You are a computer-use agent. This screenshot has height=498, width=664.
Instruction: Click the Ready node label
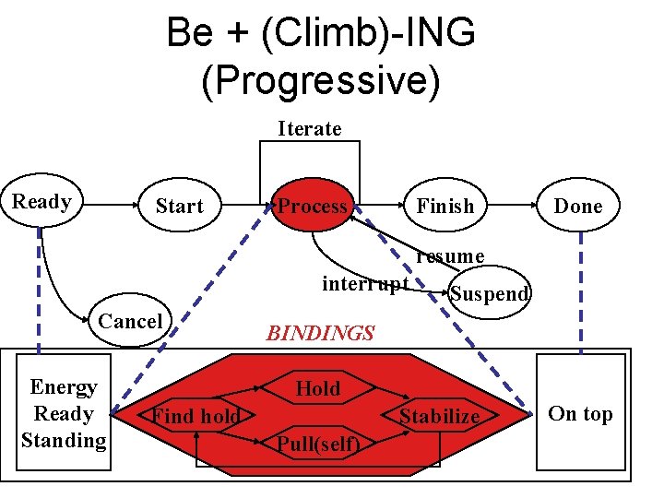pos(41,201)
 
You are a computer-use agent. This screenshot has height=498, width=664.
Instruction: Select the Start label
pos(179,207)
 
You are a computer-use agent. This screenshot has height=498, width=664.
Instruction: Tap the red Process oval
pos(313,207)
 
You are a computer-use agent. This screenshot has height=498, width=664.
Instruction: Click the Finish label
pos(445,207)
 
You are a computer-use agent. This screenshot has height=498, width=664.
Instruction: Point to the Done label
pos(577,207)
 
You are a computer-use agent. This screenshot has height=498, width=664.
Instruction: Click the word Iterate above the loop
pos(310,128)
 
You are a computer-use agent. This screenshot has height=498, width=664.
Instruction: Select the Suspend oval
pos(489,293)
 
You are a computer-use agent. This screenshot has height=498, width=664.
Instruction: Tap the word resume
pos(450,255)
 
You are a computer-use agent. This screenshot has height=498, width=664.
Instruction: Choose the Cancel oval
pos(130,321)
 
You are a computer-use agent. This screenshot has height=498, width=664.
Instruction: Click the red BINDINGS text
pos(320,333)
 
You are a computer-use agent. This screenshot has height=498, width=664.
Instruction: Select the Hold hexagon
pos(318,389)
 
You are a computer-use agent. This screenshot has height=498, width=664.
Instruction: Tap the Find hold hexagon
pos(196,416)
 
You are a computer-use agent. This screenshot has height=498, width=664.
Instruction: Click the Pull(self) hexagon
pos(318,444)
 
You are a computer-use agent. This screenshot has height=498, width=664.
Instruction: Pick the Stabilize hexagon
pos(439,416)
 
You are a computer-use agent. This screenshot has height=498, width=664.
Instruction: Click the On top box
pos(580,413)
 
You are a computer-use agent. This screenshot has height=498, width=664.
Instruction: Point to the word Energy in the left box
pos(64,386)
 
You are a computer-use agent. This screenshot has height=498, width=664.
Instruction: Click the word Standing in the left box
pos(64,440)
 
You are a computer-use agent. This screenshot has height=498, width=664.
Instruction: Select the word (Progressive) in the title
pos(320,80)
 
